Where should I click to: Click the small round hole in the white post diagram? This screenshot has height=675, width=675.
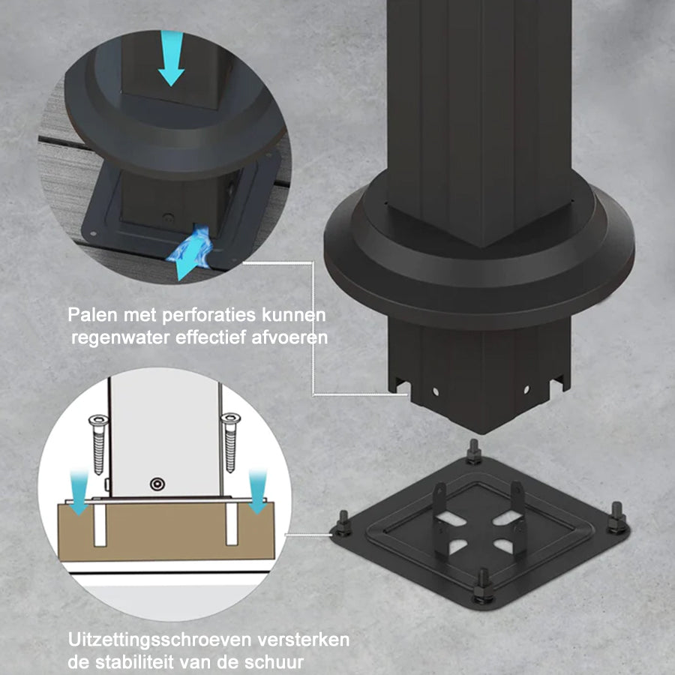(x=157, y=484)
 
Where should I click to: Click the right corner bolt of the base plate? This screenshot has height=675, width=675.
(x=616, y=517)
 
